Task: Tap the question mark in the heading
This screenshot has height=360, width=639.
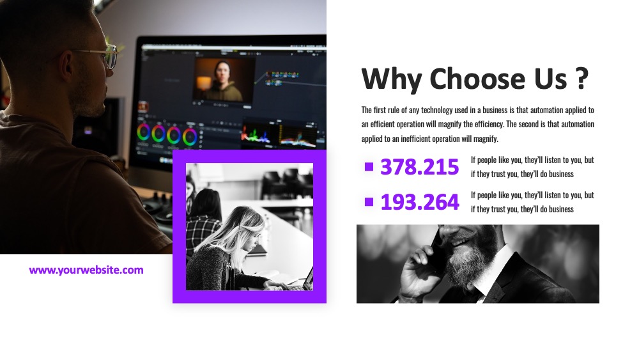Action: (583, 78)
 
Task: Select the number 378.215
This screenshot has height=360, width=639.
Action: (420, 167)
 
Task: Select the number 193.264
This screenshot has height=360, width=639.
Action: (420, 202)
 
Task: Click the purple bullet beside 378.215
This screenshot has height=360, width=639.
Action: (369, 167)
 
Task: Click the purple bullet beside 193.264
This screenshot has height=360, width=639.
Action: (369, 202)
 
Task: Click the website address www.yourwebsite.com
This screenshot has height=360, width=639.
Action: (86, 270)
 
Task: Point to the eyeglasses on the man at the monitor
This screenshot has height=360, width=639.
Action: (102, 56)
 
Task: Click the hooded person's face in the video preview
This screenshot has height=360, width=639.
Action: (222, 74)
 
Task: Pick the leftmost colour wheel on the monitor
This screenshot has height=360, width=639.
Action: (143, 132)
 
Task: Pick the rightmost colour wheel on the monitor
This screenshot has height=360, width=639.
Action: (190, 137)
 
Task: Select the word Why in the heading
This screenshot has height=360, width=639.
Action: (392, 79)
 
